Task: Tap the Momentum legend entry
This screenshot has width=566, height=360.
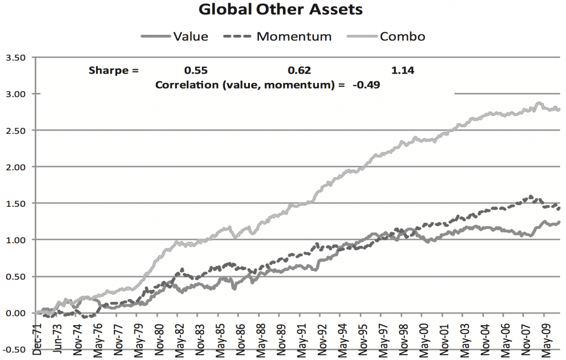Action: pos(294,36)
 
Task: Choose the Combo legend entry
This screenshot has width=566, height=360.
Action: pos(402,36)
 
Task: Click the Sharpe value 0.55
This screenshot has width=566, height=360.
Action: pos(196,70)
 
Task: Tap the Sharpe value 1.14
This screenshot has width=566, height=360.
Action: pos(403,70)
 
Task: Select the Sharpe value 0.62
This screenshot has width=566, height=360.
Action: pos(300,70)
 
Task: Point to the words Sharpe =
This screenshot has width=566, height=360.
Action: pos(114,70)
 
